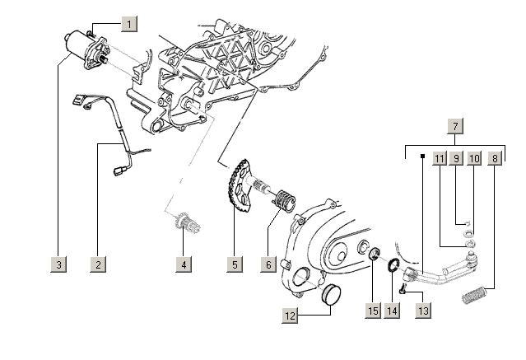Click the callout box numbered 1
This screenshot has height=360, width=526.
[x=129, y=24]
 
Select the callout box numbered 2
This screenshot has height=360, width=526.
[x=98, y=264]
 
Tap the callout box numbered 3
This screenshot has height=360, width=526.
[x=58, y=264]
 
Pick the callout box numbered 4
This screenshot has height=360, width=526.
[x=184, y=264]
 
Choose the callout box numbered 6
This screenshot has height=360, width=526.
[x=268, y=264]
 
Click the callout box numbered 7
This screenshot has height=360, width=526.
[x=455, y=126]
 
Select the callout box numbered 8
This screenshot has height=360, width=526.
[x=494, y=157]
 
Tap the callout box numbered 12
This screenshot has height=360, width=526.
[x=290, y=314]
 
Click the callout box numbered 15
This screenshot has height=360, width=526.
[x=373, y=311]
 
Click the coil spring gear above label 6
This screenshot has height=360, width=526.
[x=282, y=200]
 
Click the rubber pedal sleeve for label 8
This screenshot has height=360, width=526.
[x=477, y=292]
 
